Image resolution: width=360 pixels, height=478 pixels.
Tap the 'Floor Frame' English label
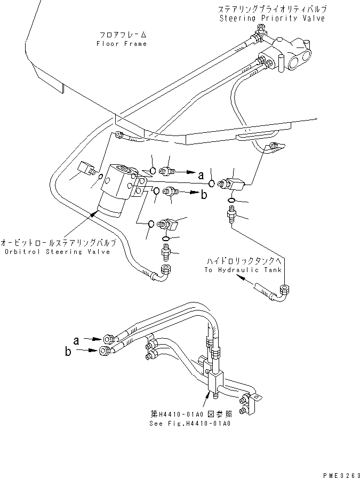[121, 44]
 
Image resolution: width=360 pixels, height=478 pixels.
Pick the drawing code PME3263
[337, 471]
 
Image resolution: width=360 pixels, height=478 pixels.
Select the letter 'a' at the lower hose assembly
[77, 338]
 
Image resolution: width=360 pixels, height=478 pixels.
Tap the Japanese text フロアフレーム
[121, 35]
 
